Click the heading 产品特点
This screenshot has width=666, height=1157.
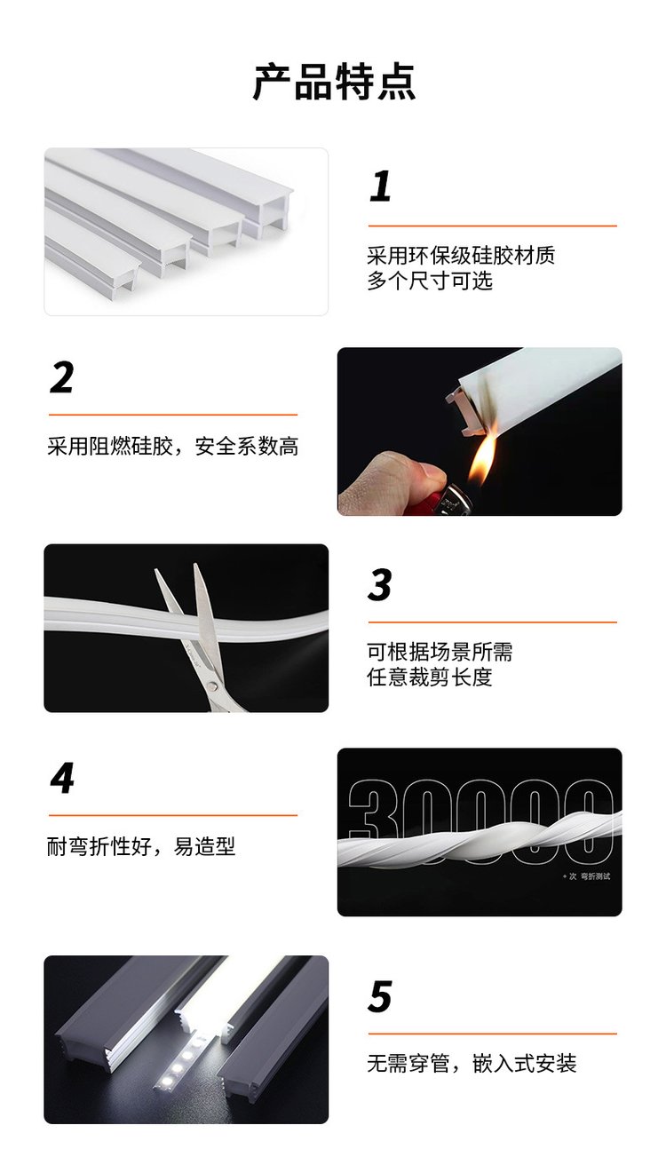(x=334, y=82)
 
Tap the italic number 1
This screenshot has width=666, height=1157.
(x=380, y=186)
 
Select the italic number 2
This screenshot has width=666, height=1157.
(x=62, y=377)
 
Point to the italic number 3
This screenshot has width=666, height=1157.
(x=380, y=584)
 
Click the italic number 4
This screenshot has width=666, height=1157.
(x=62, y=778)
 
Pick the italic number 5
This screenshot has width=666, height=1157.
(x=380, y=996)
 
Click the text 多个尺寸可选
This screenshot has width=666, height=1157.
(x=430, y=281)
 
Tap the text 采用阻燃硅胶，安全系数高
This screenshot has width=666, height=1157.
(x=173, y=447)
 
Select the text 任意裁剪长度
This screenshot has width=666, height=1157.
(x=430, y=678)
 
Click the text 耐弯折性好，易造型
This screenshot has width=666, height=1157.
(x=141, y=846)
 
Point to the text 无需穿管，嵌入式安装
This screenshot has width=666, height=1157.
(x=472, y=1064)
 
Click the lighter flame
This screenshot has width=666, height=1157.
(x=480, y=456)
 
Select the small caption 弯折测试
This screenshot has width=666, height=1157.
(x=595, y=876)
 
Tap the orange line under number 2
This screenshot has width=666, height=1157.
(x=173, y=415)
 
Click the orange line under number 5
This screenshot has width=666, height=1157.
(x=492, y=1034)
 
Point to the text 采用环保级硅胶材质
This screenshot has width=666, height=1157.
(x=461, y=256)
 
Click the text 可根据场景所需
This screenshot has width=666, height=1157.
(x=440, y=652)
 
